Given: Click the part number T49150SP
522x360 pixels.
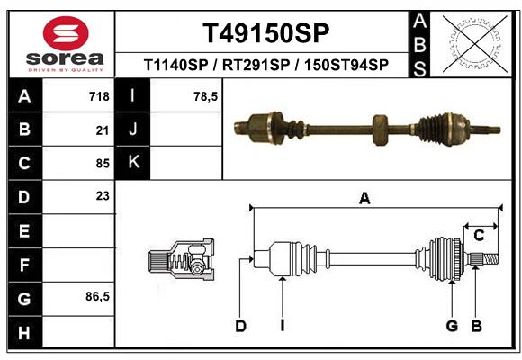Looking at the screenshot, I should coord(265,33).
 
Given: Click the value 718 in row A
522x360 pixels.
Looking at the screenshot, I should coord(98,96).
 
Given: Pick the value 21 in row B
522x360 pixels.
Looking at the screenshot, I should coord(102,130).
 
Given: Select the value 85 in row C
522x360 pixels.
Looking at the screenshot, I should coord(102,164).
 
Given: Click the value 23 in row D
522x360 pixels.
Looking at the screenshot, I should coord(102,195).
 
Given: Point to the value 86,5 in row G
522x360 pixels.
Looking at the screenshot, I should coord(97,296).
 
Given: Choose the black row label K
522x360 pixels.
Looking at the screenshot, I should coord(133,163).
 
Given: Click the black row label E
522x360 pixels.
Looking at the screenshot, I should coord(23,230).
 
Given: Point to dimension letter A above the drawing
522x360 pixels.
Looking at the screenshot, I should coord(364,199).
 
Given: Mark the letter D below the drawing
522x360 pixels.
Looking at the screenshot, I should coord(240,326).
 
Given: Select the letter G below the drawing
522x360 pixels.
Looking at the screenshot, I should coord(452,326).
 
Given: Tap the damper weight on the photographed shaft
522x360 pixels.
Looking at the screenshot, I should coord(380,129).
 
